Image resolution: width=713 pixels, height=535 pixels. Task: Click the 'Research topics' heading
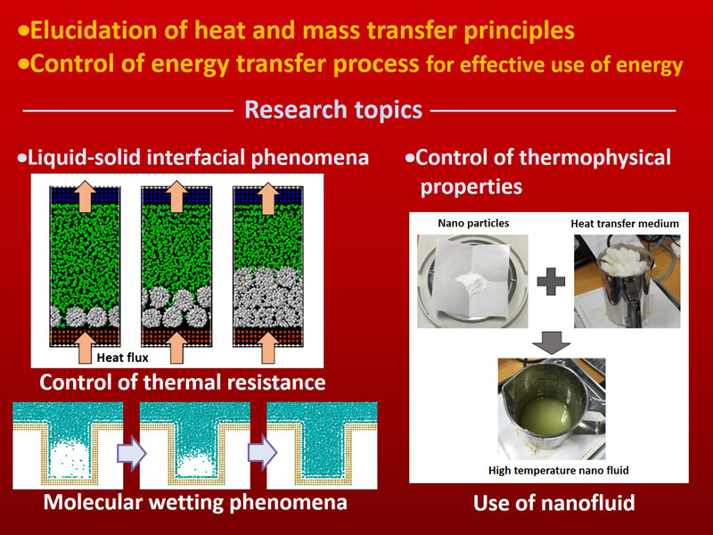333,111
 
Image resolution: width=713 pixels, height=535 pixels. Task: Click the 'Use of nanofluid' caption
553,503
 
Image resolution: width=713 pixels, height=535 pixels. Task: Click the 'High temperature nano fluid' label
554,470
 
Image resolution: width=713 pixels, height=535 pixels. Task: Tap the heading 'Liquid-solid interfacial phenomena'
198,158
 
